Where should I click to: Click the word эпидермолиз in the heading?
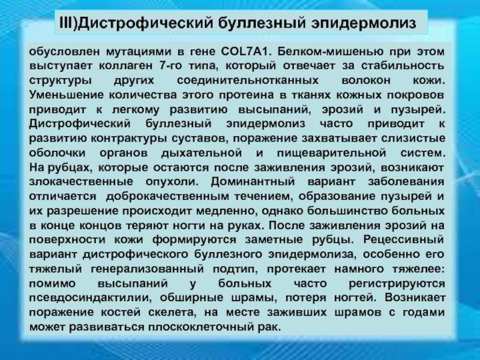(364, 24)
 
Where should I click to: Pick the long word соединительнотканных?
(248, 80)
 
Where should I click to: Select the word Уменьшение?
(67, 95)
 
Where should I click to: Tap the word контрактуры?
(129, 139)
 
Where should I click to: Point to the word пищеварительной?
(331, 153)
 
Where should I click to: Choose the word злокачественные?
(81, 182)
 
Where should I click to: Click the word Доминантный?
(253, 182)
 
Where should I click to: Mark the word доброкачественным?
(167, 196)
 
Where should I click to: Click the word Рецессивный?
(403, 239)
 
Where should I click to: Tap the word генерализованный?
(147, 269)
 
